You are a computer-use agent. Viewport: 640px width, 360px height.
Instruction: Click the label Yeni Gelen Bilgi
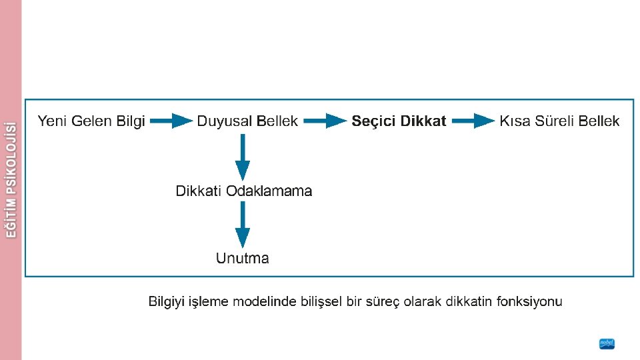click(x=91, y=121)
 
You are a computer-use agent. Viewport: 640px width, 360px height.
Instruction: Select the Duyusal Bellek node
click(x=247, y=121)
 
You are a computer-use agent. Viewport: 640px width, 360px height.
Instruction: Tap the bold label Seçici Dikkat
click(x=399, y=121)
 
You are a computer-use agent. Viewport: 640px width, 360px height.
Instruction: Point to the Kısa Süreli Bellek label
click(x=559, y=121)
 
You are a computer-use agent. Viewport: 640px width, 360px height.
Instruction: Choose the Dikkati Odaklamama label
click(x=243, y=191)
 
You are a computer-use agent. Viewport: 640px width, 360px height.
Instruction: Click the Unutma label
click(x=243, y=258)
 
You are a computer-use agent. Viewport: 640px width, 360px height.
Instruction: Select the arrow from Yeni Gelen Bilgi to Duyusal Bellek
click(x=171, y=121)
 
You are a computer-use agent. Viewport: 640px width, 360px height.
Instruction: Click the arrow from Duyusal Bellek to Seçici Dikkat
click(x=326, y=121)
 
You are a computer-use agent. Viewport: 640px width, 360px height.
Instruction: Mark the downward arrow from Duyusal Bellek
click(x=243, y=157)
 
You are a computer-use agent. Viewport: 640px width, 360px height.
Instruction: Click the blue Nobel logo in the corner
click(x=607, y=344)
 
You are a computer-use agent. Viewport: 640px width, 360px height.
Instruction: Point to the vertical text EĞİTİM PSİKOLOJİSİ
click(x=11, y=179)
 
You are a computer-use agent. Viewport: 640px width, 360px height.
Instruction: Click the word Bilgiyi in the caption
click(x=167, y=302)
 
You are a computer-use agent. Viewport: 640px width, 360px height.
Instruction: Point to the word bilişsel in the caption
click(x=321, y=302)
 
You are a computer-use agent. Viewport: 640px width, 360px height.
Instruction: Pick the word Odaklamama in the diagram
click(x=269, y=191)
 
